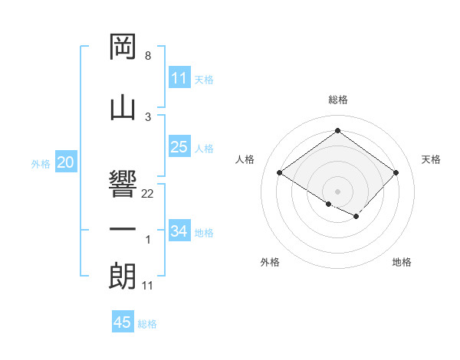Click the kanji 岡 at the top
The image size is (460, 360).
pyautogui.click(x=123, y=47)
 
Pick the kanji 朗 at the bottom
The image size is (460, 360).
pyautogui.click(x=123, y=276)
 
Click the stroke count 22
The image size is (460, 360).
pyautogui.click(x=148, y=194)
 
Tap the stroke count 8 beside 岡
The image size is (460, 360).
pyautogui.click(x=147, y=56)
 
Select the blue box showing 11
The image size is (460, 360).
pyautogui.click(x=179, y=78)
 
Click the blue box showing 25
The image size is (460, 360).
pyautogui.click(x=179, y=147)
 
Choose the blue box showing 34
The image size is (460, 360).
pyautogui.click(x=179, y=231)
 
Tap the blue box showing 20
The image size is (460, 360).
pyautogui.click(x=66, y=162)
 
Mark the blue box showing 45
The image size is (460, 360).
pyautogui.click(x=123, y=322)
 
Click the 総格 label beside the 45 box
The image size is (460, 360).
pyautogui.click(x=147, y=324)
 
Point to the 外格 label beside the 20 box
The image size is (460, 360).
pyautogui.click(x=41, y=163)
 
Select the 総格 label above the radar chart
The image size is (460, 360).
pyautogui.click(x=337, y=100)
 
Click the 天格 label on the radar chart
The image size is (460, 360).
pyautogui.click(x=432, y=159)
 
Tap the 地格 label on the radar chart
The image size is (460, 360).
pyautogui.click(x=402, y=262)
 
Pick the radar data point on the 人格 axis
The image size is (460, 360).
pyautogui.click(x=280, y=173)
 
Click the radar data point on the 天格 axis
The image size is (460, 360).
pyautogui.click(x=396, y=173)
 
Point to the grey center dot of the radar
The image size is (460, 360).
pyautogui.click(x=337, y=190)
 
